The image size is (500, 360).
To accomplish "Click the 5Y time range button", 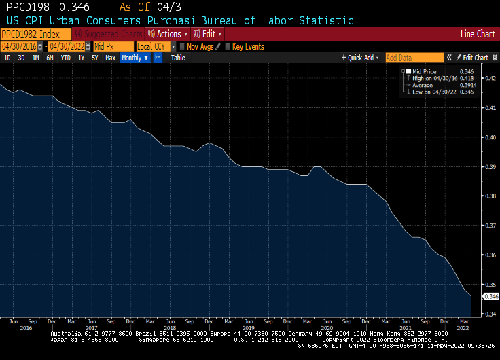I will (x=95, y=58).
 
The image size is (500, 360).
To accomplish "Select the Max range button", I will (x=110, y=58).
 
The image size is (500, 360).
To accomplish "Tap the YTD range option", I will (x=65, y=58).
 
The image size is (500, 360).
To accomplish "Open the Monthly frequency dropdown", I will (x=135, y=58).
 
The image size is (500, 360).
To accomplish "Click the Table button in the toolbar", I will (x=178, y=58).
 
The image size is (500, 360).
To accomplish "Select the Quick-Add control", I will (x=361, y=58).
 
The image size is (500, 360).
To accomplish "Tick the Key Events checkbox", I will (x=228, y=46).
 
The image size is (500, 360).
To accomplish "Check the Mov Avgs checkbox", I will (x=182, y=46).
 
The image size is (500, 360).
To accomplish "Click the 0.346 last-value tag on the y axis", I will (x=490, y=296).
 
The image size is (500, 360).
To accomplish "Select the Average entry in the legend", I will (x=423, y=85).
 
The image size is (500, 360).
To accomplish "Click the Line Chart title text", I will (x=477, y=33).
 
